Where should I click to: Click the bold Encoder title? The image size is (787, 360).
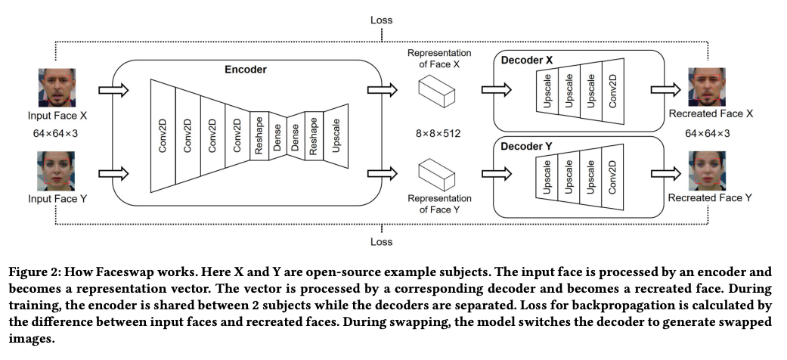(x=246, y=69)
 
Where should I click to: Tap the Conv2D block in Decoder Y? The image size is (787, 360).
(x=612, y=176)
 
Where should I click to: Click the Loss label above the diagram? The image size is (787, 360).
(x=381, y=20)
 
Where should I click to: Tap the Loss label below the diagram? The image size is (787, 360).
(x=381, y=243)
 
